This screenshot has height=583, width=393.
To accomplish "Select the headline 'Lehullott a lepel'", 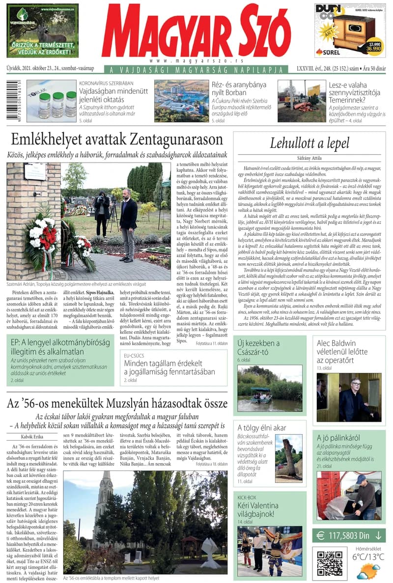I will (x=309, y=143).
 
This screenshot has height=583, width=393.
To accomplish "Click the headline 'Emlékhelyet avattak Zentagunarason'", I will (x=117, y=140).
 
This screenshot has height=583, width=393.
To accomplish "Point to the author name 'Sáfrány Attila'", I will (x=309, y=158).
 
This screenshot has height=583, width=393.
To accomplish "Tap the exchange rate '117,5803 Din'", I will (x=349, y=535).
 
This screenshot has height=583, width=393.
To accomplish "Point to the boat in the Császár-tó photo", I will (x=260, y=392).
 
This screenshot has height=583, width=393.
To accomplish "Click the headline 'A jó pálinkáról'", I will (x=338, y=438).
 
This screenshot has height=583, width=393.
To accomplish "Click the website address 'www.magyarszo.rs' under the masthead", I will (x=196, y=60).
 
